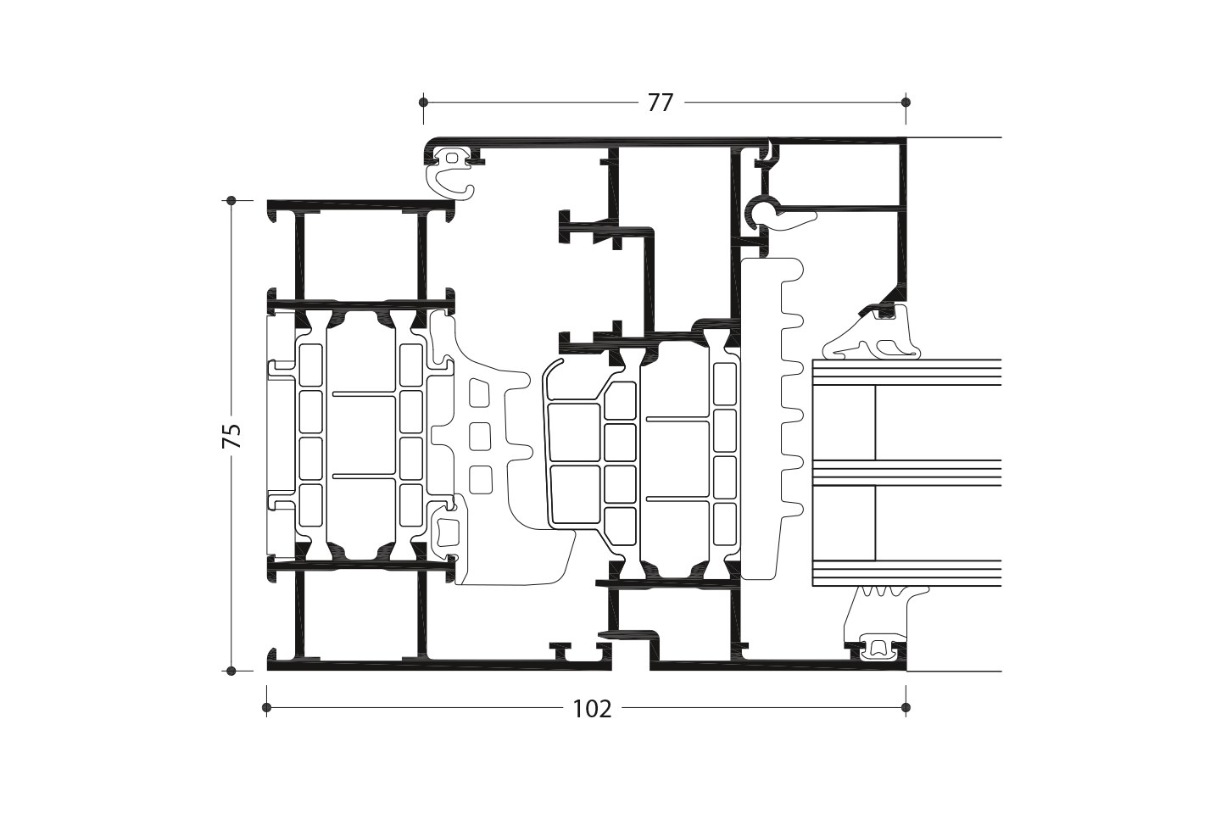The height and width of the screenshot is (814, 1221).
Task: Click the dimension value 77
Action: tap(660, 103)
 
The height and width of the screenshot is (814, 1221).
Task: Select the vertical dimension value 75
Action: tap(232, 436)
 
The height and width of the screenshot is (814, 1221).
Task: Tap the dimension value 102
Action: tap(593, 710)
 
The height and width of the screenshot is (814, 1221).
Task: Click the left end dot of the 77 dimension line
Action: tap(424, 102)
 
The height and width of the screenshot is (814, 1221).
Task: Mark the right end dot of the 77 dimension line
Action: tap(906, 102)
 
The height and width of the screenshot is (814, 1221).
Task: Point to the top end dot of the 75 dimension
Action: tap(231, 201)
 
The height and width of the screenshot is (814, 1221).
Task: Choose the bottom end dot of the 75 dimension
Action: tap(231, 671)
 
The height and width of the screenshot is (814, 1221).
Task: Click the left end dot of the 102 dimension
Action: tap(266, 708)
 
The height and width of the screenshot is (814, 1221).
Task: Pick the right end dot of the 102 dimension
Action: tap(906, 708)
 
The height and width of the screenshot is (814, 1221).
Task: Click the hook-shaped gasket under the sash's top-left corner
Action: tap(448, 181)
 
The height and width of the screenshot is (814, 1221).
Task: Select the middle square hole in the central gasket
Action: tap(480, 436)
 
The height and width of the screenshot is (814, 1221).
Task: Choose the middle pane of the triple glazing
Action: tap(907, 472)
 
